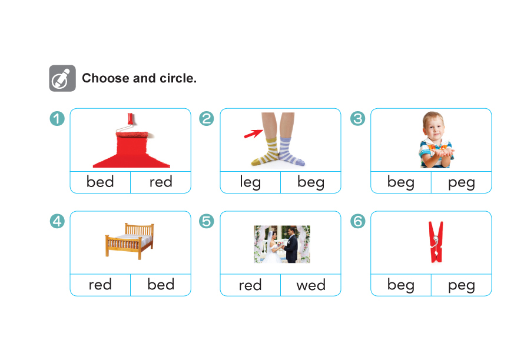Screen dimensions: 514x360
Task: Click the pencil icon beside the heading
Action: [62, 78]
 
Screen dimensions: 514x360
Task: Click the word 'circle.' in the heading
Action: [178, 78]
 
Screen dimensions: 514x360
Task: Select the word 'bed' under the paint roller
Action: [100, 182]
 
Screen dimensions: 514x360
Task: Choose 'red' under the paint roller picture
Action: [161, 182]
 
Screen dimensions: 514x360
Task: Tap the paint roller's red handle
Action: [131, 119]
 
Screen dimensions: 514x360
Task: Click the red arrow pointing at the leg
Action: [253, 134]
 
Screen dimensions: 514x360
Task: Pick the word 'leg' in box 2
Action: [250, 182]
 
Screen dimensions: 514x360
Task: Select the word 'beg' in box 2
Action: [311, 182]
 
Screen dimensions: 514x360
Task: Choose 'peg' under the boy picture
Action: [461, 183]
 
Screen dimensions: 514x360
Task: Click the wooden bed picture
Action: [130, 241]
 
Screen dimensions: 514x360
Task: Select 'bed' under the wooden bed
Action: [161, 284]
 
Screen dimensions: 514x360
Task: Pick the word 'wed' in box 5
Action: [311, 285]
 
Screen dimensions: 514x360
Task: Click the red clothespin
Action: [436, 242]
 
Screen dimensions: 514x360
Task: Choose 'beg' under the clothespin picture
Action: [400, 285]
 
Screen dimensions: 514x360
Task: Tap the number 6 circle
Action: [357, 221]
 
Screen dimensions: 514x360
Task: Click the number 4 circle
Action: [57, 221]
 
